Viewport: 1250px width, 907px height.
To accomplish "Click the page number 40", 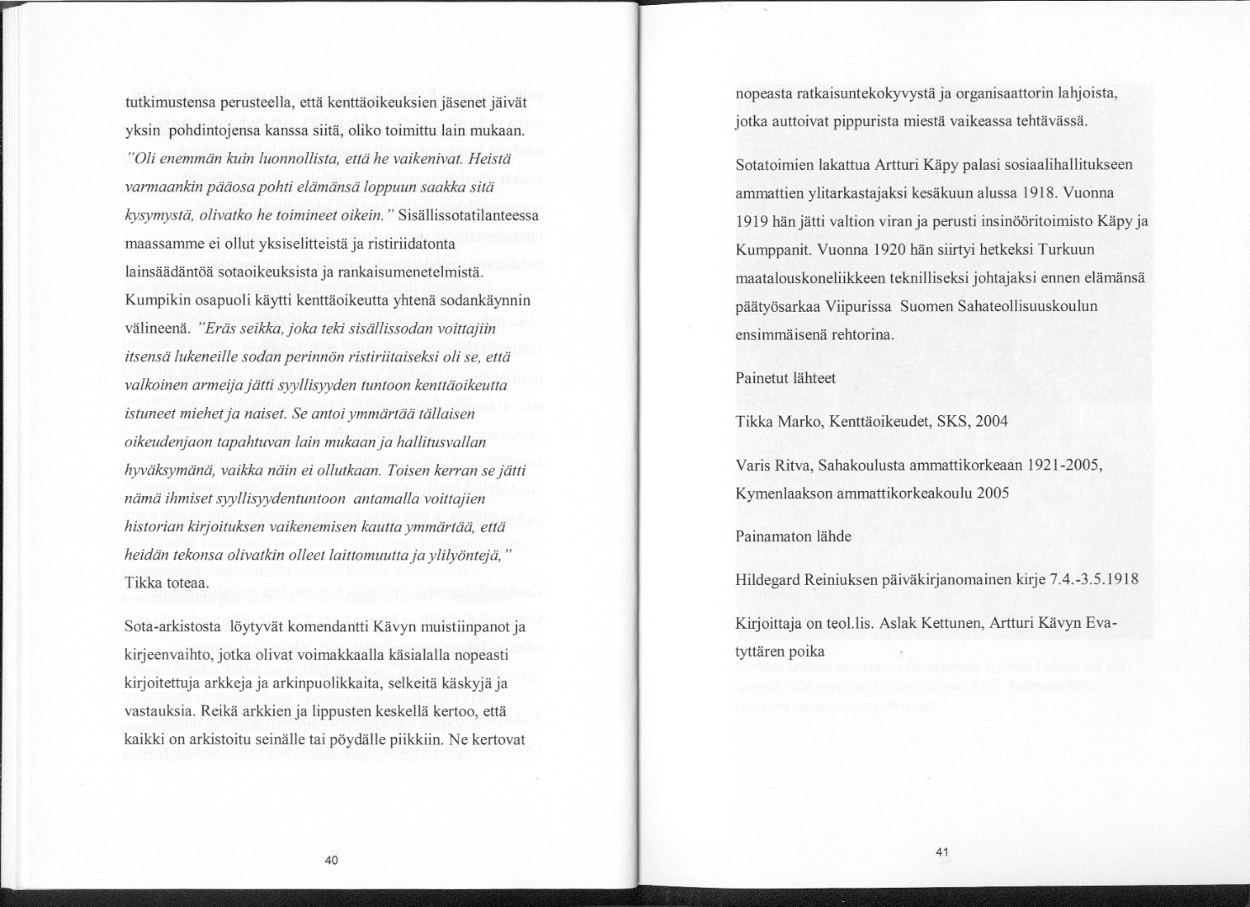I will point(330,859).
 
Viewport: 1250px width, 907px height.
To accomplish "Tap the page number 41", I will point(941,852).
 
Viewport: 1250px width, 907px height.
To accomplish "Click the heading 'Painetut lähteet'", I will point(785,378).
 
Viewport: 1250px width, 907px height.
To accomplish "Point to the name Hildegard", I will point(768,580).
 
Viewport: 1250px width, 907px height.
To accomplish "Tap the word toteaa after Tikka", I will point(185,583).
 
